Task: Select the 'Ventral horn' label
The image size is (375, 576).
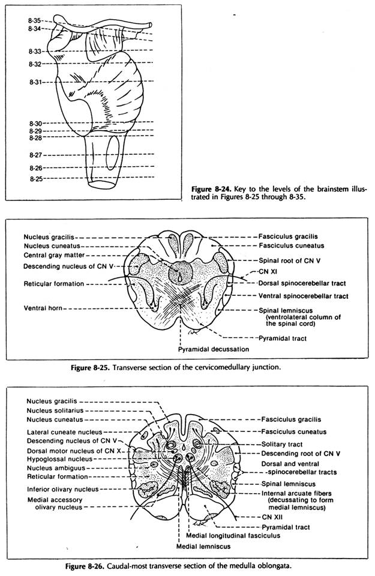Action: pyautogui.click(x=43, y=308)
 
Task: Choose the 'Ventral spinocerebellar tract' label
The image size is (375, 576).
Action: pyautogui.click(x=304, y=296)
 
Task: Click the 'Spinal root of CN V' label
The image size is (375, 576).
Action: pyautogui.click(x=292, y=261)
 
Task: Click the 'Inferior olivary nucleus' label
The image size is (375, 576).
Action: pyautogui.click(x=63, y=488)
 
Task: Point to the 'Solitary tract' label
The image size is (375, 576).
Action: pyautogui.click(x=284, y=443)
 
